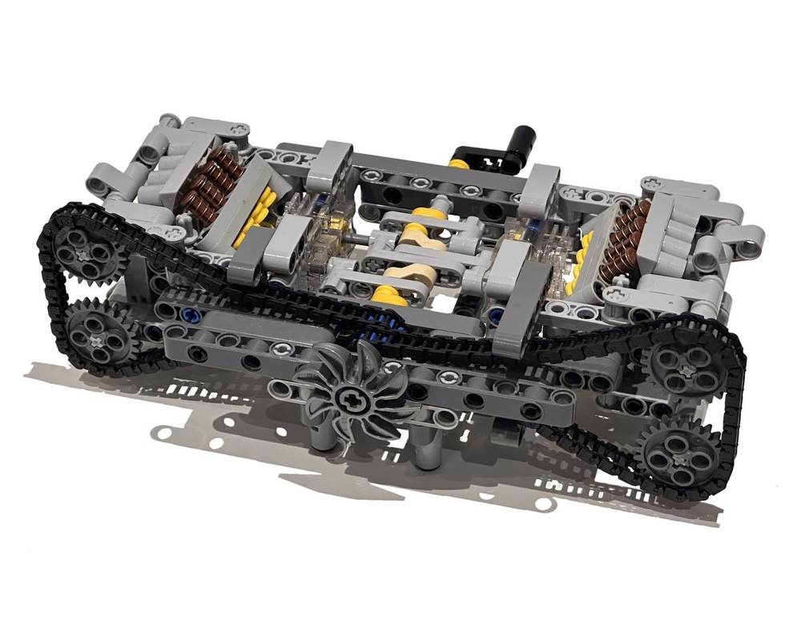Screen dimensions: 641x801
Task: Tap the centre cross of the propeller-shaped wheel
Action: point(349,393)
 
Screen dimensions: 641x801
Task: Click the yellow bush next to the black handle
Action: point(458,163)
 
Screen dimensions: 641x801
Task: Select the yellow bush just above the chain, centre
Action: point(387,297)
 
